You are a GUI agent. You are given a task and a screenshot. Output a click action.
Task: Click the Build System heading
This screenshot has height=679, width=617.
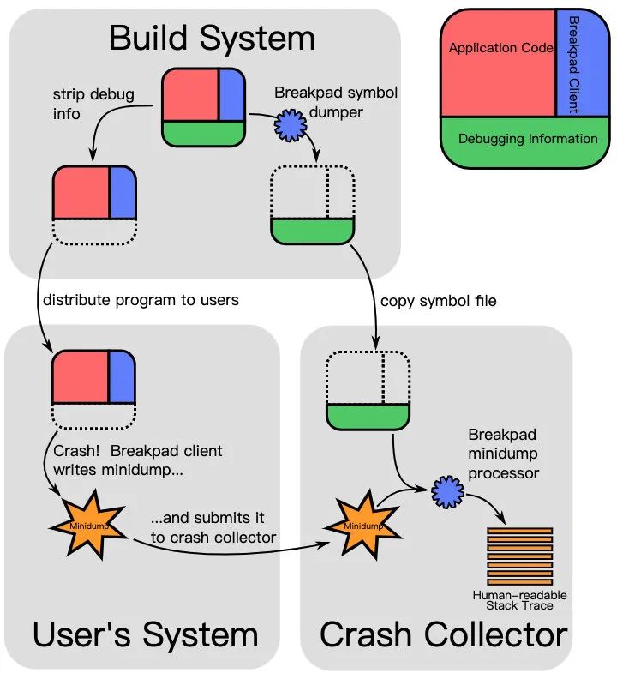[212, 39]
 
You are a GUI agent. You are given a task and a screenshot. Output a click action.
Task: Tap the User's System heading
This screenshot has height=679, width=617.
[145, 635]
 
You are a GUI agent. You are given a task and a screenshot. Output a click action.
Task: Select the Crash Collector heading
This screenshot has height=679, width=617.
[443, 635]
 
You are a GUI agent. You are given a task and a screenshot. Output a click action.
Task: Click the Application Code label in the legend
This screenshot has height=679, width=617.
[500, 49]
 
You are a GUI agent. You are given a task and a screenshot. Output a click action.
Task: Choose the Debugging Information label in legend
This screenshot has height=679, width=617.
[528, 139]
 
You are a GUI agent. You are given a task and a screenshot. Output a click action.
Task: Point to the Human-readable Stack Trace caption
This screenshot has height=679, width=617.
[520, 600]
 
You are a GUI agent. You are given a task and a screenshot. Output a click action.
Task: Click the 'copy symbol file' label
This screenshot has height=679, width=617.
[438, 301]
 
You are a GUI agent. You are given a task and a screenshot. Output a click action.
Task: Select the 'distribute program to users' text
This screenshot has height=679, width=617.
[141, 300]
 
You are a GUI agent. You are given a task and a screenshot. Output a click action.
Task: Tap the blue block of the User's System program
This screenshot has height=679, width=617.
[122, 376]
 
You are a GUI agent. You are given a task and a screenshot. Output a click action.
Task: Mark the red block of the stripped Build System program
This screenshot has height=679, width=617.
[81, 193]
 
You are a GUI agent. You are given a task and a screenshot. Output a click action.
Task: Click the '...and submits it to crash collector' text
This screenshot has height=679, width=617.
[213, 528]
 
